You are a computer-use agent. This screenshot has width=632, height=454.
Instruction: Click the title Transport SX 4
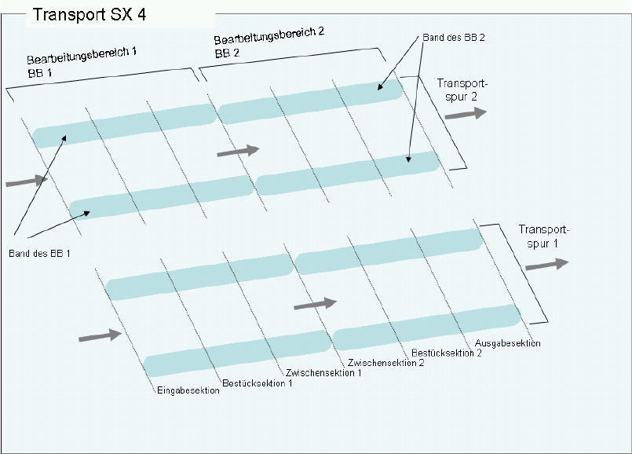coord(89,14)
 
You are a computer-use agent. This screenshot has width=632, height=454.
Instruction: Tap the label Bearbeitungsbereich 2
coord(269,36)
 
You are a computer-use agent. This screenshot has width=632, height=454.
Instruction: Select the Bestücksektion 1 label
coord(258,383)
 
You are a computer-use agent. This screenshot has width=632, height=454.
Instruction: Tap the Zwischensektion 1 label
coord(323,372)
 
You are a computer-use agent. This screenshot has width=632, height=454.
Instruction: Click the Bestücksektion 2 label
coord(446,353)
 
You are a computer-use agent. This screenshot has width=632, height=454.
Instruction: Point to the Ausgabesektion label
coord(508,343)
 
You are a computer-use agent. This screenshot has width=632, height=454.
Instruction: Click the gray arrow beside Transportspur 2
coord(466,113)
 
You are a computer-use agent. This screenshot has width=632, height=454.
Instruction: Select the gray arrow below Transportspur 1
coord(546,264)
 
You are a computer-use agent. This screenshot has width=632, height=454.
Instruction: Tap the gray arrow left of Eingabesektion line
coord(100,335)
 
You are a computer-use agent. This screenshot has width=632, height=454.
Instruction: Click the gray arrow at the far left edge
coord(26,181)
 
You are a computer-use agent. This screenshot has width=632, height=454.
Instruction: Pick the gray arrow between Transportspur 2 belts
coord(237,150)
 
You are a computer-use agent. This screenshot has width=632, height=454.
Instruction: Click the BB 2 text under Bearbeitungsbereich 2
coord(228,53)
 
